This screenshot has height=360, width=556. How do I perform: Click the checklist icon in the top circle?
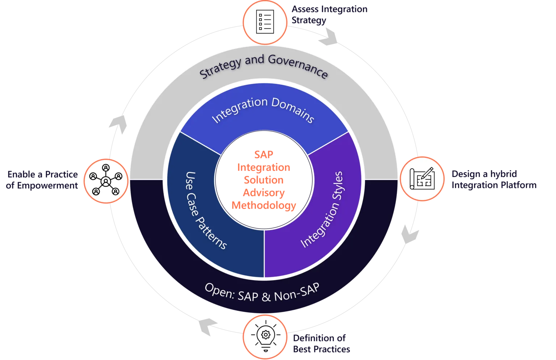pos(265,21)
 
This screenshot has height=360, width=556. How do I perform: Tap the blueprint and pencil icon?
pos(422,178)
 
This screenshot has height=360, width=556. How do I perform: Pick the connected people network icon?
pos(105,181)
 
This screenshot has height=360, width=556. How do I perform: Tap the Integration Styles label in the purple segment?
pos(322,210)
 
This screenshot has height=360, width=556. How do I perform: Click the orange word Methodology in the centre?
pos(264,206)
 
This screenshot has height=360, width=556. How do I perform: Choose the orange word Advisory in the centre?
pos(264,192)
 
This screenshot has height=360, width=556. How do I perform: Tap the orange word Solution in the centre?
pos(264,180)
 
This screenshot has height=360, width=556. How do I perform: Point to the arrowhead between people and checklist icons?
pos(115,124)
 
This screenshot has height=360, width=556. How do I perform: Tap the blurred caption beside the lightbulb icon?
pos(321,343)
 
